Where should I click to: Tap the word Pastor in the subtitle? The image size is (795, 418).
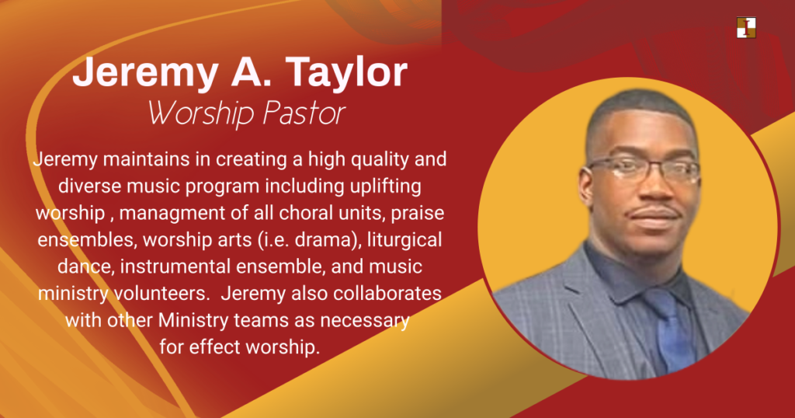[x=304, y=113]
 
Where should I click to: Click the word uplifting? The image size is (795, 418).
[x=385, y=187]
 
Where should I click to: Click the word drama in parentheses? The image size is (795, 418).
[x=325, y=240]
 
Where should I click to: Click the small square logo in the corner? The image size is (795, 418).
[x=746, y=27]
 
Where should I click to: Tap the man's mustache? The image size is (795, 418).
[x=652, y=211]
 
